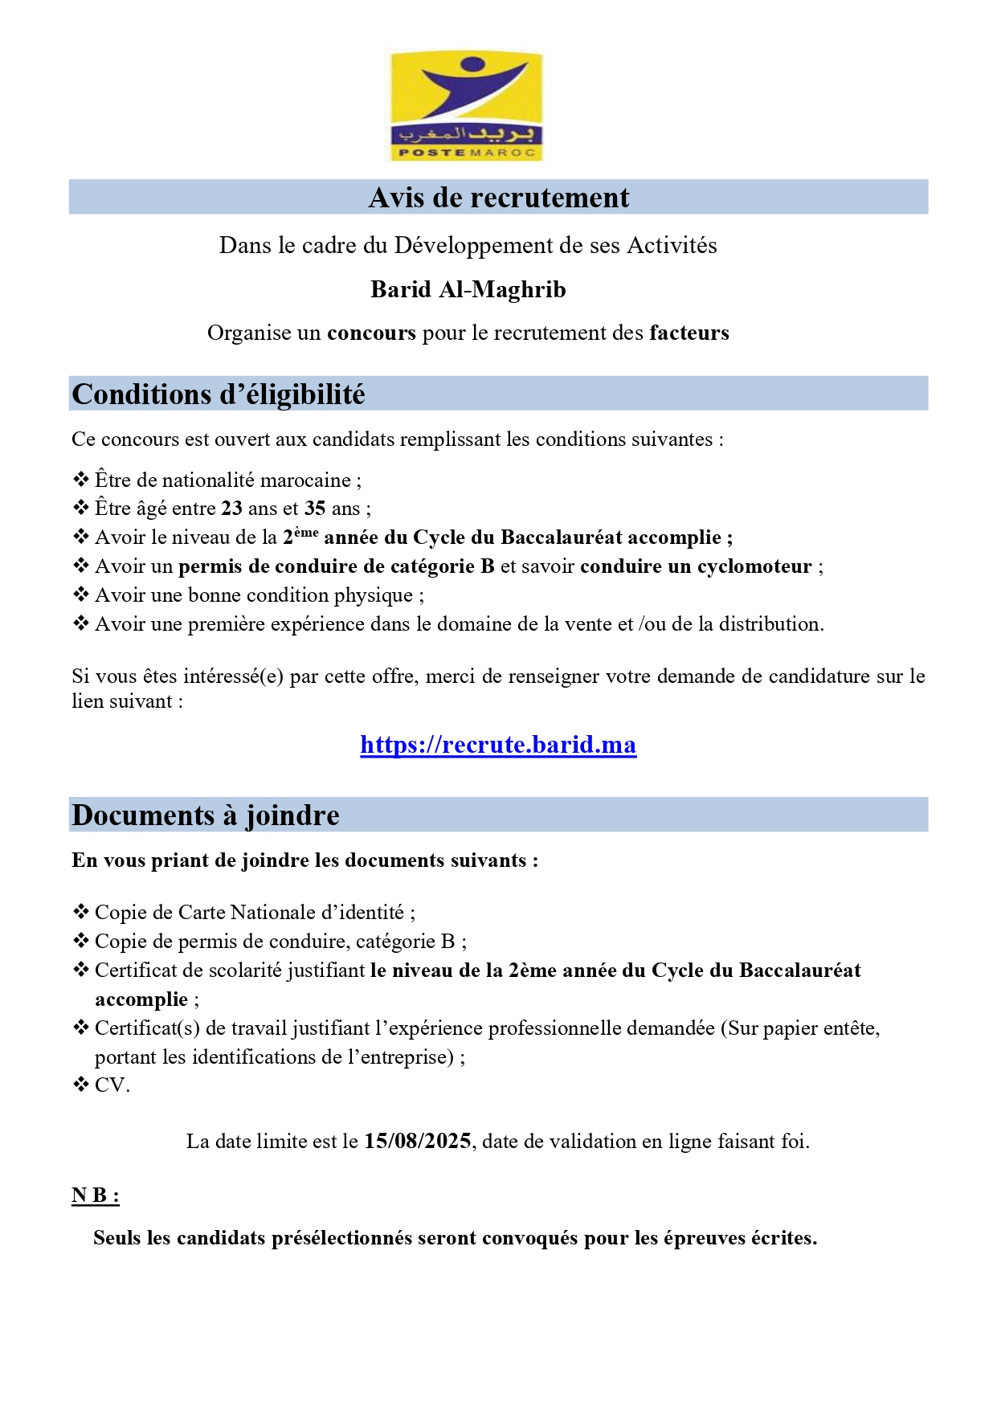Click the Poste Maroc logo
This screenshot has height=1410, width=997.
464,105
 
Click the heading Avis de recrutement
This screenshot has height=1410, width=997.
498,198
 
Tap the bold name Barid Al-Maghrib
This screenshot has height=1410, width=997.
468,289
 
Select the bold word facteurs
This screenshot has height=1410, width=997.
689,333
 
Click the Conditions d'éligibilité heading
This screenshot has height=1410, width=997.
219,394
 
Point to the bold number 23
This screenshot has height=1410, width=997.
231,509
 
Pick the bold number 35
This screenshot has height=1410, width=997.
315,509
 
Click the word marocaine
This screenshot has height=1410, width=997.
305,480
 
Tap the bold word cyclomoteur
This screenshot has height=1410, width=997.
754,566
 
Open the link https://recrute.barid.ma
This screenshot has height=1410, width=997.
498,745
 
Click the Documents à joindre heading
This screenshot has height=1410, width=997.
206,815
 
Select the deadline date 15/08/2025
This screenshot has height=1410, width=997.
417,1142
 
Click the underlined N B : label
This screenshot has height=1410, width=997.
95,1195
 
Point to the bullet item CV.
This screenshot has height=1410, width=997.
112,1085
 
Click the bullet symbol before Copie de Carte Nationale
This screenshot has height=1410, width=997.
81,912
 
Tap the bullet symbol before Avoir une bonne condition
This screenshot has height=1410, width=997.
81,595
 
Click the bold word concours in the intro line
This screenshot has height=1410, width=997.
371,333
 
